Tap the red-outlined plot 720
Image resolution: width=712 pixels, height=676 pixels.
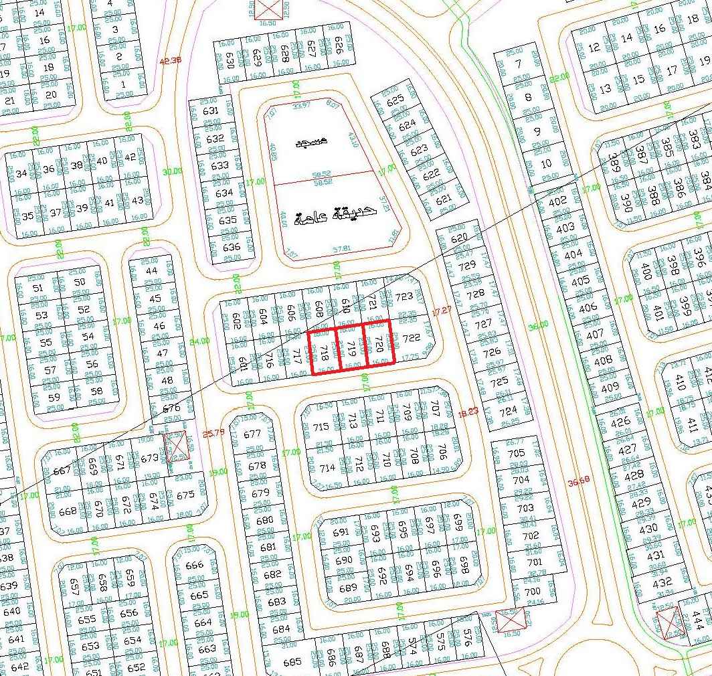coord(378,344)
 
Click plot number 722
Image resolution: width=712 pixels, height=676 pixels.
coord(411,338)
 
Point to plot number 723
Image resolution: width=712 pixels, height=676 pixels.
coord(404,297)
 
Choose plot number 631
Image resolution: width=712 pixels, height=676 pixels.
coord(210,111)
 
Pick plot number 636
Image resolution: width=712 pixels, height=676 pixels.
coord(231,247)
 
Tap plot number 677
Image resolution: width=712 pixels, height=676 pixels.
coord(252,434)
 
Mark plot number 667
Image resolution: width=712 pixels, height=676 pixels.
coord(62,471)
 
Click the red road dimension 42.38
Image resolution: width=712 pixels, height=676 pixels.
coord(171,61)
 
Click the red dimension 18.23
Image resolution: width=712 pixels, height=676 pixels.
coord(466,414)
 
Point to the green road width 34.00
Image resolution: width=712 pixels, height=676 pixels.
coord(199,342)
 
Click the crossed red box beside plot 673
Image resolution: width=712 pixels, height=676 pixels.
coord(176,445)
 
